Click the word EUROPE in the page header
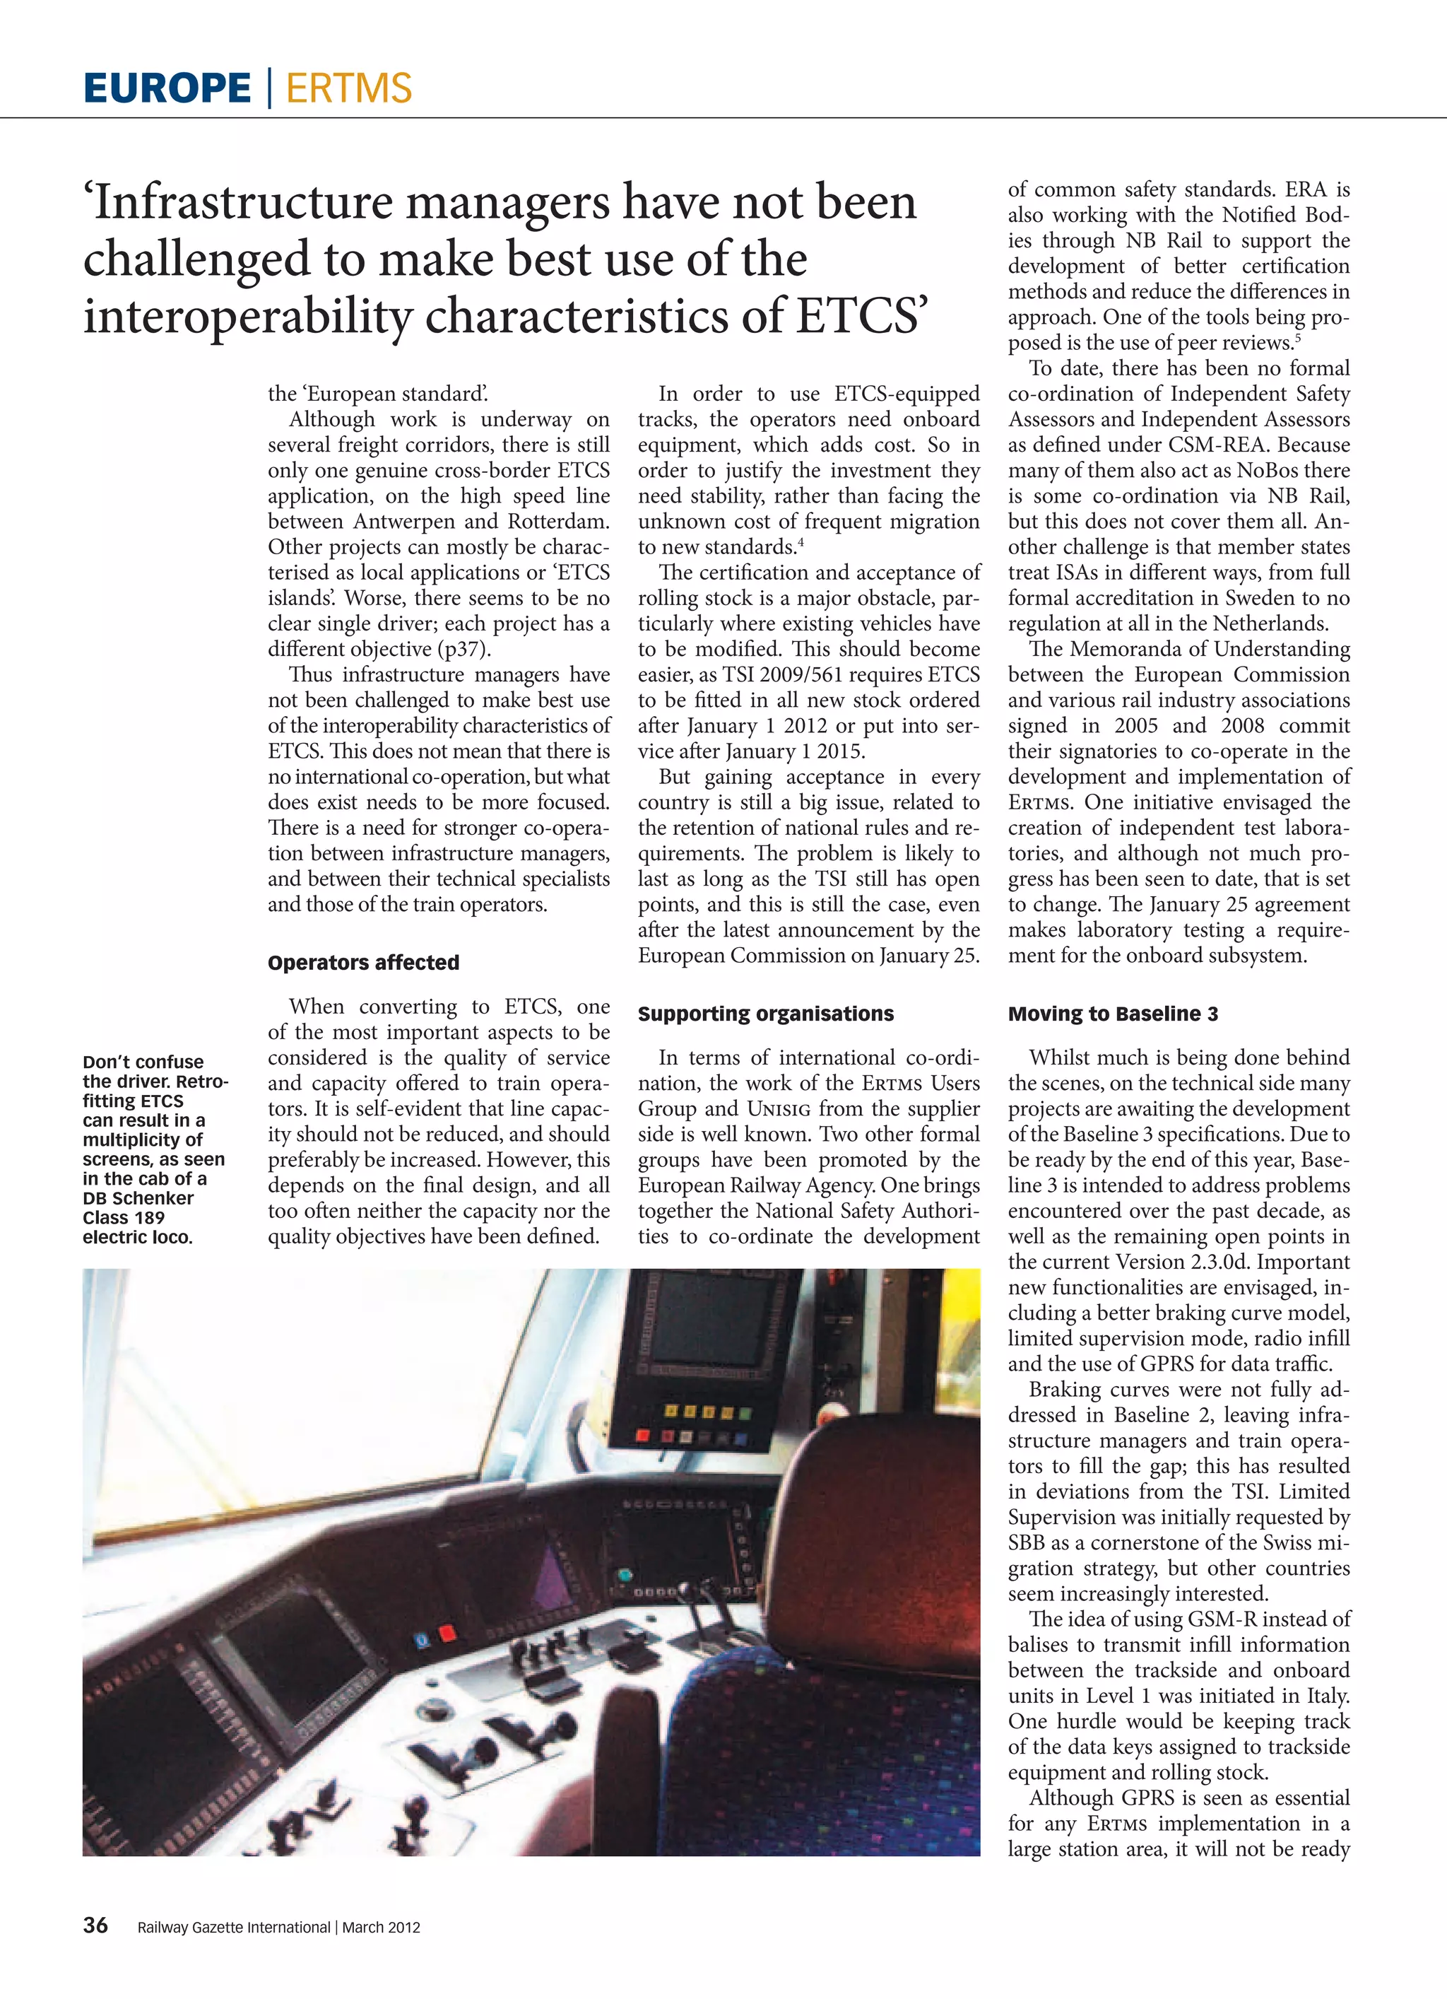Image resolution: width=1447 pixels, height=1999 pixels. click(x=167, y=88)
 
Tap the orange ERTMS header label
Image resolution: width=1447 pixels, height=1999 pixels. click(x=349, y=88)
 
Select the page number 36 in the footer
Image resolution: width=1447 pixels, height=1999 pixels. click(x=95, y=1925)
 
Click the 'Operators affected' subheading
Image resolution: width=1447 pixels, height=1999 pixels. click(x=363, y=963)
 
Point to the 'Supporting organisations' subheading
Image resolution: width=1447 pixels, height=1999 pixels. click(x=766, y=1014)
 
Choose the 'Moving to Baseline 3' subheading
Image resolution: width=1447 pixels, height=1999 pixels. click(x=1113, y=1014)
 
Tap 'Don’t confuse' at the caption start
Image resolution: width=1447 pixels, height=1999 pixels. click(x=143, y=1062)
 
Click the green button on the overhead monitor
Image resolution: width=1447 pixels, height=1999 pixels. click(x=745, y=1413)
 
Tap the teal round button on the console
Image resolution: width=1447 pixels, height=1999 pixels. click(x=625, y=1574)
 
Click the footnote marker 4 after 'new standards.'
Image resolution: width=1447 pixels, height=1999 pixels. click(x=801, y=542)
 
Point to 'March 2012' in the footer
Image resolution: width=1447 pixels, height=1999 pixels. click(x=381, y=1927)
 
